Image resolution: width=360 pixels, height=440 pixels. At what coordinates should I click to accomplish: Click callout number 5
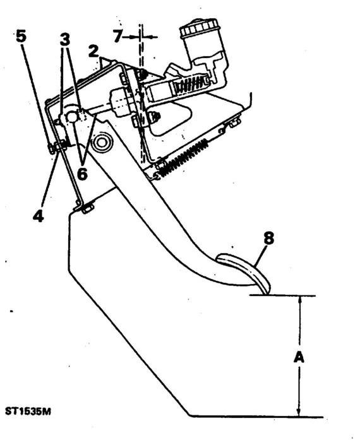tap(21, 36)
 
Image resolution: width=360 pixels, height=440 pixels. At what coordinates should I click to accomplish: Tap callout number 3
tap(64, 39)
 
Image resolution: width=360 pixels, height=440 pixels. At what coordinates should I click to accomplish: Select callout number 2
tap(93, 51)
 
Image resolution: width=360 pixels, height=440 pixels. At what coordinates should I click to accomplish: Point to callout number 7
tap(117, 37)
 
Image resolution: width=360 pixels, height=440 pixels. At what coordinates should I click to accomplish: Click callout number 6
tap(82, 174)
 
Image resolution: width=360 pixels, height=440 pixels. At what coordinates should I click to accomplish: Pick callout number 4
tap(38, 216)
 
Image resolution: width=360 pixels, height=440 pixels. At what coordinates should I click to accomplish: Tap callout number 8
tap(268, 239)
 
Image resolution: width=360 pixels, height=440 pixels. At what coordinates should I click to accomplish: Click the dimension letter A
tap(299, 357)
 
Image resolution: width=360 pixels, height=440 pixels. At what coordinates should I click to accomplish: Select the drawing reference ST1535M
tap(28, 412)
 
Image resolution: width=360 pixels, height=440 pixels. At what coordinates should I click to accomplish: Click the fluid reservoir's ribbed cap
tap(199, 28)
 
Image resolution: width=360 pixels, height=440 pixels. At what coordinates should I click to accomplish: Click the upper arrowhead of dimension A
tap(300, 300)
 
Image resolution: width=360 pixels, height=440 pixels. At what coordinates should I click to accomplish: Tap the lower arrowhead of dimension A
tap(299, 411)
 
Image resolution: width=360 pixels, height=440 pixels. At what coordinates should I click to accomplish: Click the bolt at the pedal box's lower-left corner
tap(88, 209)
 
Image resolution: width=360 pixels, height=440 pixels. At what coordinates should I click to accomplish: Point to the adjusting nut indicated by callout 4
tap(58, 146)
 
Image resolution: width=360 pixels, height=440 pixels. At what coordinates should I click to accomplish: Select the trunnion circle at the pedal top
tap(73, 117)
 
